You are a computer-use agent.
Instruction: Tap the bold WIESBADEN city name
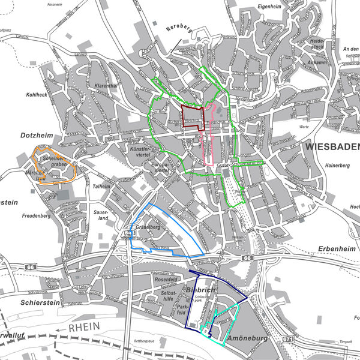pyautogui.click(x=331, y=146)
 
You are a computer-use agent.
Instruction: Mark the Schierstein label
pyautogui.click(x=36, y=302)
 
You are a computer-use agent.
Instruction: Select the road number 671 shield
pyautogui.click(x=289, y=339)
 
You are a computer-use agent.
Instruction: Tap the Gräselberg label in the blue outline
pyautogui.click(x=147, y=228)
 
